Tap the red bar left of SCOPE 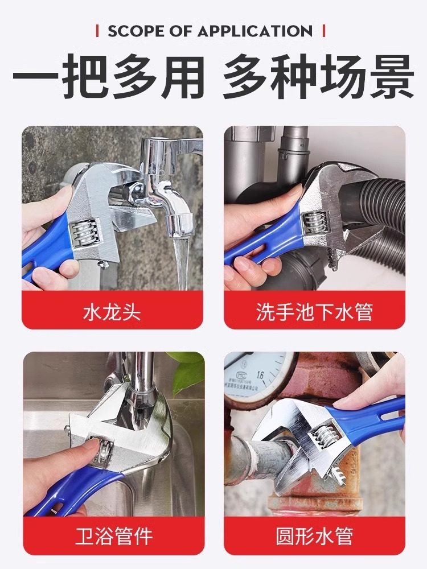[x=98, y=31]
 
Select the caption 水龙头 [x=112, y=312]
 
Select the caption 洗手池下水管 [x=314, y=312]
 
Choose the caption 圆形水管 [x=314, y=536]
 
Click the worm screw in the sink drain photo [x=315, y=225]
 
